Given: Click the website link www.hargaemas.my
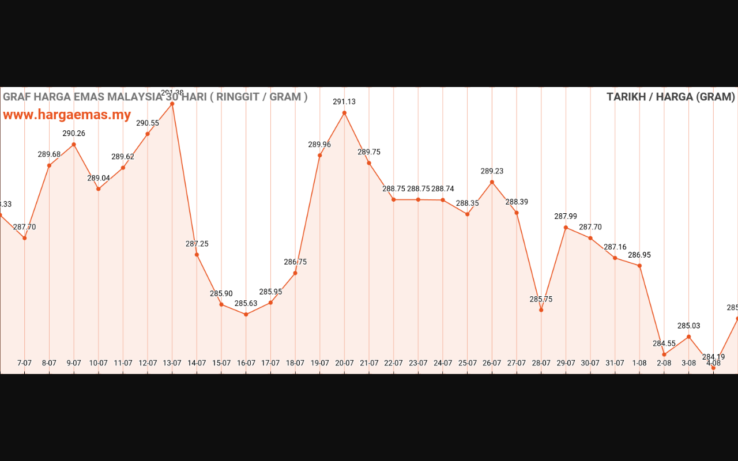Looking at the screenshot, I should coord(67,115).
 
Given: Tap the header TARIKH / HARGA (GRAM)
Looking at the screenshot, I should coord(671,97).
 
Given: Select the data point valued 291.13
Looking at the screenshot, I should coord(344,113).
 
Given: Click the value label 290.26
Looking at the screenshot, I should coord(74,134).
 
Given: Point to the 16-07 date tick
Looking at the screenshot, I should coord(246,363).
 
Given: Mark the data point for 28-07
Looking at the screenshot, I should coord(541,310).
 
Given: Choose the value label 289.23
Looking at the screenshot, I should coord(492,171).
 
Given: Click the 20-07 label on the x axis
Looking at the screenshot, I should coord(344,363).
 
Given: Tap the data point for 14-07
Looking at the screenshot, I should coord(197,255).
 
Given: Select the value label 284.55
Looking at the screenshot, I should coord(664,343).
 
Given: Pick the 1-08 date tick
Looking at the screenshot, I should coord(639,363).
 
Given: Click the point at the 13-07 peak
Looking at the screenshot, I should coord(172,104).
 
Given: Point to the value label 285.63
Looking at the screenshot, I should coord(246,303).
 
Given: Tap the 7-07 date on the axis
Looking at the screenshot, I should coord(25,363).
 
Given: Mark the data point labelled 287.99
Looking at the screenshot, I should coord(566,228).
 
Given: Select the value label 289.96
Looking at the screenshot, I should coord(319,145).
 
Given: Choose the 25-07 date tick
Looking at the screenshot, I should coord(468,363).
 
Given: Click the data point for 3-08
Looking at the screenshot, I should coord(688,337).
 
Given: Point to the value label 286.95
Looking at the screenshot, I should coord(639,255).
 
